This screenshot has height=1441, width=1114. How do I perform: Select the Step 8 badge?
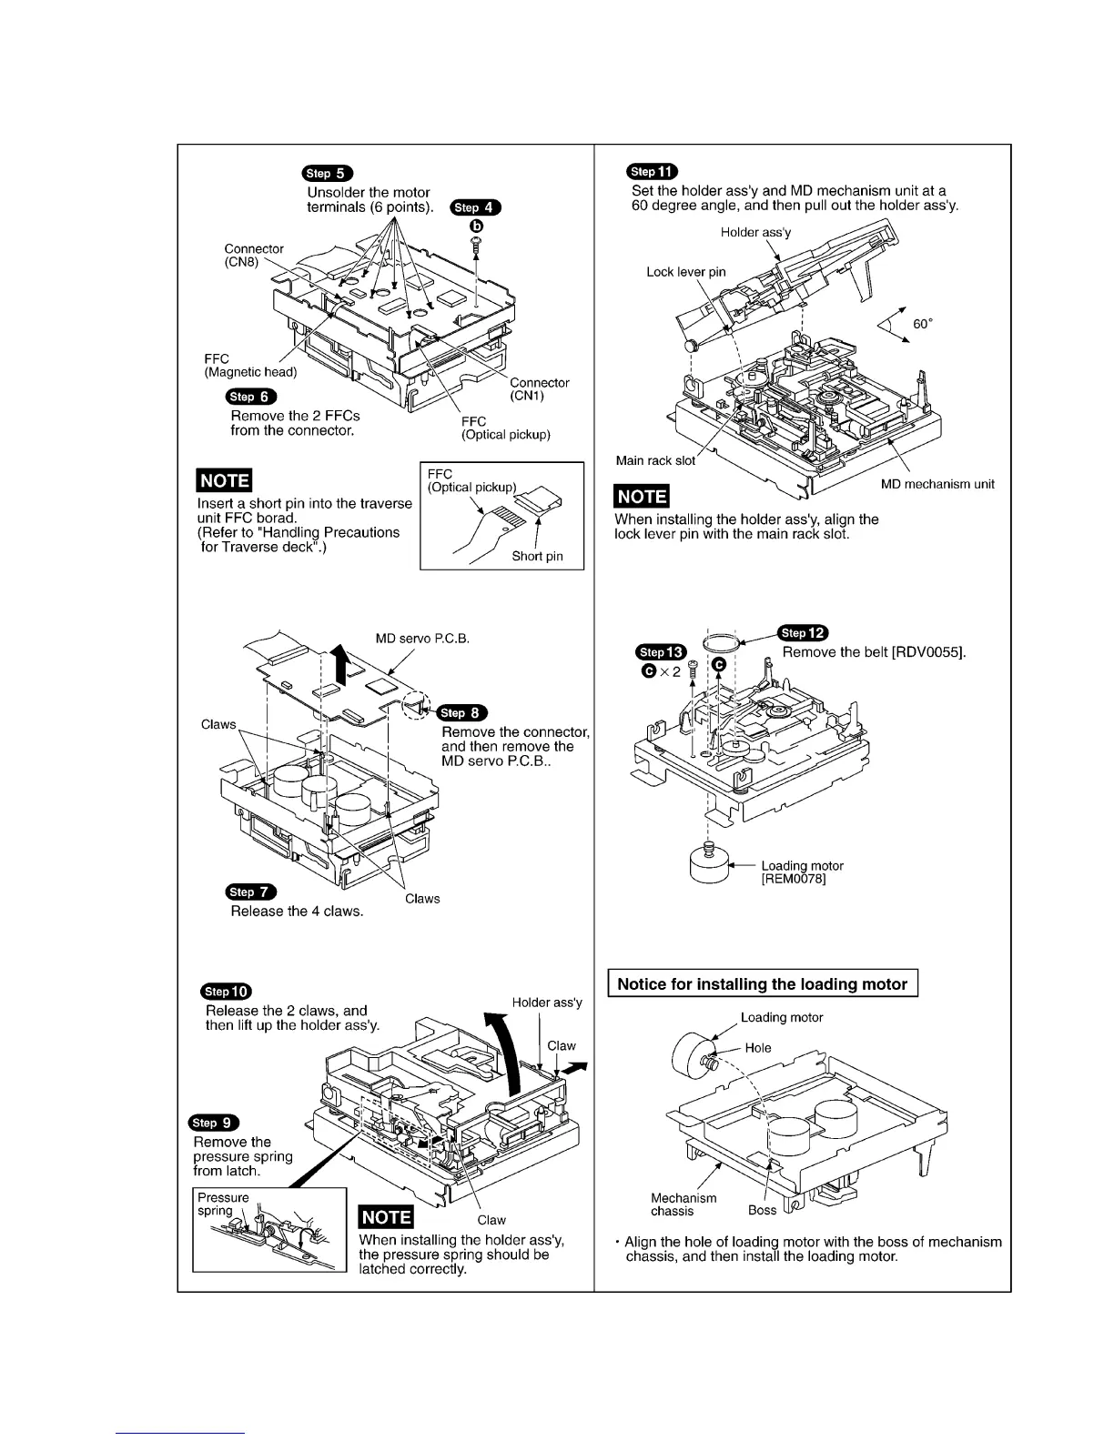point(462,712)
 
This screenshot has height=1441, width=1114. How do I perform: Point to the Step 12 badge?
point(803,633)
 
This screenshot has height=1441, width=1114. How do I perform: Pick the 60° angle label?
point(922,324)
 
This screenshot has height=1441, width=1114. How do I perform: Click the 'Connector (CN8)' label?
point(254,256)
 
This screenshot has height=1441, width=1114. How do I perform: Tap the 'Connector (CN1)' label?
point(539,389)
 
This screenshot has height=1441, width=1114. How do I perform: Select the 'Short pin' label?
point(537,556)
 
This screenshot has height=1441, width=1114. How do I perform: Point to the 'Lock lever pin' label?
point(686,272)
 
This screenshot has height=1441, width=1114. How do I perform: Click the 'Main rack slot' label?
point(655,460)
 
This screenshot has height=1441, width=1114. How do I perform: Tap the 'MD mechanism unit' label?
point(937,484)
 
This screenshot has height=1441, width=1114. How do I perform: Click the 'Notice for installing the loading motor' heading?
point(762,983)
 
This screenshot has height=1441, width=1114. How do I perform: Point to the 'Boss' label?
point(762,1210)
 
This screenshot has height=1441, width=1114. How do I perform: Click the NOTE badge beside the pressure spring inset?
point(386,1217)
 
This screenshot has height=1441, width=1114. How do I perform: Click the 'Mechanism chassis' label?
point(684,1204)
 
